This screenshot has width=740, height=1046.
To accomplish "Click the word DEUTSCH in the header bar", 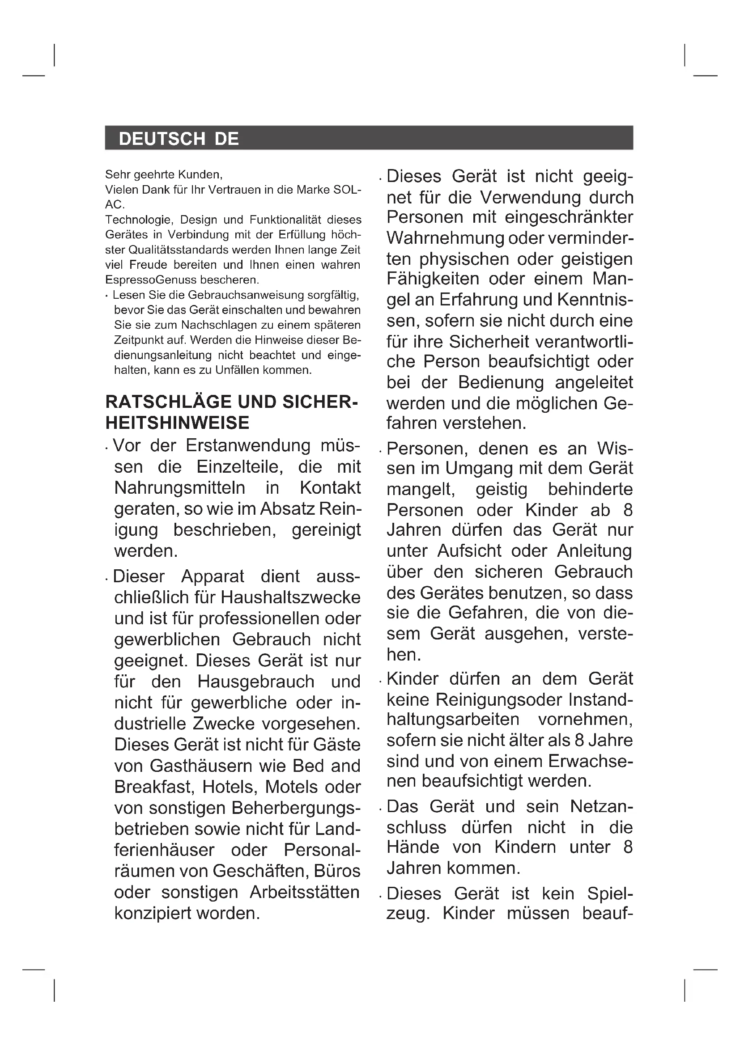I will pos(162,139).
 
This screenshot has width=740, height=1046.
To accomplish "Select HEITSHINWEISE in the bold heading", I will pos(177,423).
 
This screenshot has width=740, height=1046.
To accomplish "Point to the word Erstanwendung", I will pos(247,445).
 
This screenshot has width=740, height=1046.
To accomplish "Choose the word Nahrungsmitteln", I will pos(179,487).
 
